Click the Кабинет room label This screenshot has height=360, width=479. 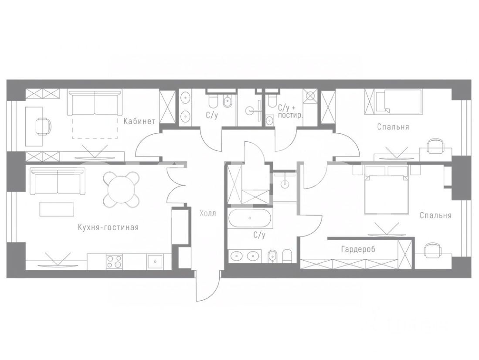(139, 121)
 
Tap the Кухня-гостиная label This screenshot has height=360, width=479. (108, 228)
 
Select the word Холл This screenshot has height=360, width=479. (208, 213)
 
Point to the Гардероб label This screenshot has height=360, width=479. (358, 249)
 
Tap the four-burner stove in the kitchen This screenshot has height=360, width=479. (114, 262)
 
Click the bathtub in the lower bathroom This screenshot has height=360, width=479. (250, 218)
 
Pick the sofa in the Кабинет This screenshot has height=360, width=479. (95, 102)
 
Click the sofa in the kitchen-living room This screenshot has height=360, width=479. (58, 183)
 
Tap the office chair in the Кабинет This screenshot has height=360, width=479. (43, 126)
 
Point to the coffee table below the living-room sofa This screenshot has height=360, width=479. (57, 209)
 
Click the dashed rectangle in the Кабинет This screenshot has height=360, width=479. (95, 127)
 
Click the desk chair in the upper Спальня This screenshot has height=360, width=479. (435, 146)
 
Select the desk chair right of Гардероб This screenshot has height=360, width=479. (432, 250)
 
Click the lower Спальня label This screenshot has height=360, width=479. (435, 215)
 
